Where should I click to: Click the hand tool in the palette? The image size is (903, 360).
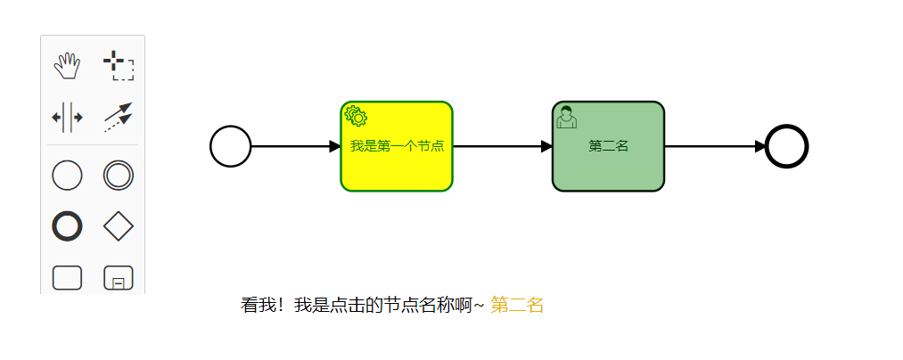point(67,65)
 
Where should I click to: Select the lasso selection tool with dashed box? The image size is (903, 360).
point(119,65)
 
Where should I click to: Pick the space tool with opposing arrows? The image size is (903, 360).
point(67,117)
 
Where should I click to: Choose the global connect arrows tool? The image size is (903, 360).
point(119,117)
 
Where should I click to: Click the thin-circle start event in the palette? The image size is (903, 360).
point(67,176)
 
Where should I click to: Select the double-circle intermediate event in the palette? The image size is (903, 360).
point(119,176)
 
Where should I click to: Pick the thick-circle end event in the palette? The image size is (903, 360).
point(67,227)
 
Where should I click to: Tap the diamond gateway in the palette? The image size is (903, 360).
point(119,227)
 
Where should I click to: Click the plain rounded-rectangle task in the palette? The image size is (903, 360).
point(67,279)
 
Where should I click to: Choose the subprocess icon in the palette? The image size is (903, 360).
point(119,279)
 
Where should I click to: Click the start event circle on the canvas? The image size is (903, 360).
point(230,146)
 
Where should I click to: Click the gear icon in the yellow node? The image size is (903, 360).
point(356,116)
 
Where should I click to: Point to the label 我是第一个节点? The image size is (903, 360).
point(397,146)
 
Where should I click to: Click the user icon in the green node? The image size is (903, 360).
point(566,117)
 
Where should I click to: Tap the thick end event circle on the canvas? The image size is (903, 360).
point(786,146)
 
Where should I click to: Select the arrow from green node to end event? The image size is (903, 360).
point(714,146)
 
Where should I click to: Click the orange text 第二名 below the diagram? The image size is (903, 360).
point(517,305)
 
